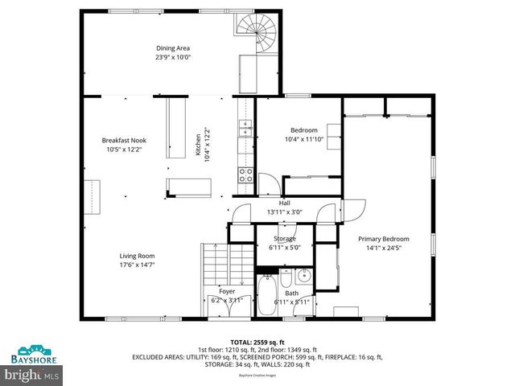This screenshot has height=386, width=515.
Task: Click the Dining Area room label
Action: pos(173,48)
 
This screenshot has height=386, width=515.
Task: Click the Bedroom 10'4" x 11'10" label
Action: pos(303,130)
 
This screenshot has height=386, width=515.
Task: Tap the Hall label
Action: pos(284,203)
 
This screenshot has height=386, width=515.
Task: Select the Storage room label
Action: pos(284,238)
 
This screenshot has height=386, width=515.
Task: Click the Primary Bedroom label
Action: pos(384,239)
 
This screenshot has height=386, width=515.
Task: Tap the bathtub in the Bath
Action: pos(266,295)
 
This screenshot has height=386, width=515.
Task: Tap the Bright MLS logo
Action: pos(32,375)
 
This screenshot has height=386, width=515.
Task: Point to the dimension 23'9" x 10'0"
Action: pos(173,58)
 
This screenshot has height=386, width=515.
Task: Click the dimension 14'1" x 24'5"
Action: pos(384,248)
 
